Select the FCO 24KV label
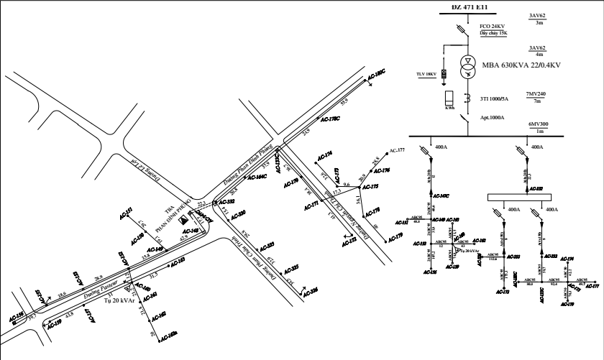(493, 27)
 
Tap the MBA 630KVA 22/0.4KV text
(521, 65)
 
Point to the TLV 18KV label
(426, 73)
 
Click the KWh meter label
(449, 109)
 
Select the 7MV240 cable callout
(536, 94)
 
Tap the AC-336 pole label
(309, 292)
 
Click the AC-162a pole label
(168, 336)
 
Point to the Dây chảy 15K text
(494, 33)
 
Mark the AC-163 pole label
(178, 260)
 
